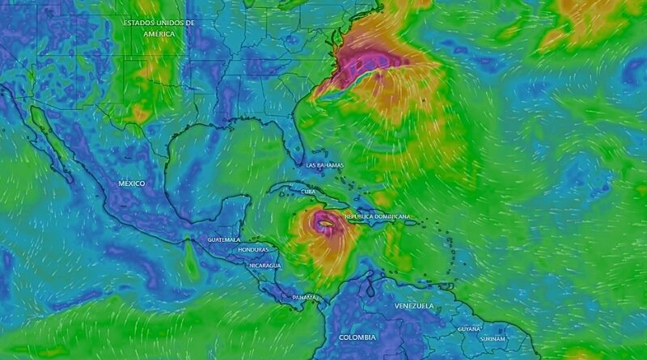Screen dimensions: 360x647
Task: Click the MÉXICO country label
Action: (x=132, y=184)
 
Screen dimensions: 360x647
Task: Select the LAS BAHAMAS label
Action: (x=324, y=165)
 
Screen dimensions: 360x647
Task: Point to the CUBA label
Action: (x=308, y=192)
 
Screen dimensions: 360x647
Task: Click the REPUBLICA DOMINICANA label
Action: (x=378, y=217)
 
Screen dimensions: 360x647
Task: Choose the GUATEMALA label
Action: (x=224, y=240)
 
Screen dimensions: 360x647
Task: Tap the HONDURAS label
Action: (x=253, y=250)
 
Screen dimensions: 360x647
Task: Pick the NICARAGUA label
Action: (x=265, y=265)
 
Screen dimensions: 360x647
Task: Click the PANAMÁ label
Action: (x=305, y=298)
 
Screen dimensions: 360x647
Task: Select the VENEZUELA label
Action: (x=414, y=306)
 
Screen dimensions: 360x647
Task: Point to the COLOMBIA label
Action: (x=357, y=337)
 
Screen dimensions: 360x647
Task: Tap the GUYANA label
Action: (x=469, y=329)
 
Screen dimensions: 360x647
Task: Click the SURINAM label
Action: (x=493, y=338)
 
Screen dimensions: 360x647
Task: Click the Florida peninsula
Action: (x=304, y=150)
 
